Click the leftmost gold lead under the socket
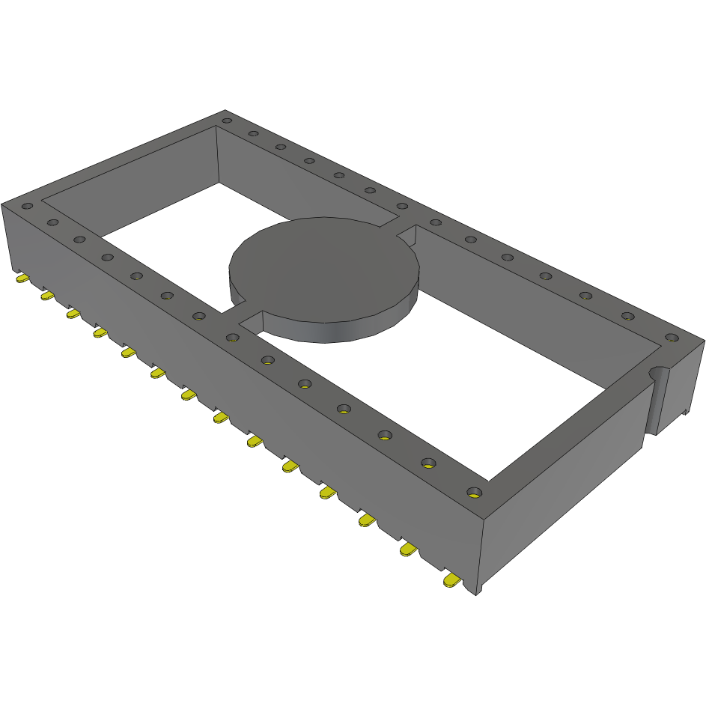tap(22, 279)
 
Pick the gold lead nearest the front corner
tap(451, 580)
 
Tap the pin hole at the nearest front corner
tap(472, 492)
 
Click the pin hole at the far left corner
tap(27, 206)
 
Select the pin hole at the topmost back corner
tap(227, 121)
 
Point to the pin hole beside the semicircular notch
tap(670, 338)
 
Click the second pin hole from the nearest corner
tap(429, 463)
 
